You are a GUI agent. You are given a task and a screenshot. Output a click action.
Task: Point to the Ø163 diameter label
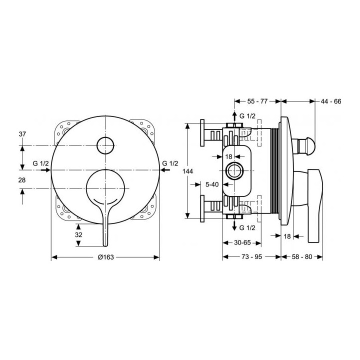coord(105,257)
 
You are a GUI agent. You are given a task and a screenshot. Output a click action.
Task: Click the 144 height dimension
coord(187,171)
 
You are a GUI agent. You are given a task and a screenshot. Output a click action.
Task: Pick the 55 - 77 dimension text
coord(257,101)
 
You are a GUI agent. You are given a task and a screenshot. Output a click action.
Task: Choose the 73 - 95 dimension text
coord(251,257)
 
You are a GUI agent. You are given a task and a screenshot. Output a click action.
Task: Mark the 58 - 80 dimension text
coord(301,257)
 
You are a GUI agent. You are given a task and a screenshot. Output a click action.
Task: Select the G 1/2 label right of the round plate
coord(170,163)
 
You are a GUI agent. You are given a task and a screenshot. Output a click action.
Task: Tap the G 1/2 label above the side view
coord(249,116)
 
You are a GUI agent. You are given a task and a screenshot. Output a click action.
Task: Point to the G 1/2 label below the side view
coord(249,228)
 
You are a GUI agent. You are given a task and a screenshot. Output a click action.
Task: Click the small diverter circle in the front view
coord(106,145)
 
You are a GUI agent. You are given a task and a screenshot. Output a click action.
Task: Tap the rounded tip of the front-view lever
coord(104,243)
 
